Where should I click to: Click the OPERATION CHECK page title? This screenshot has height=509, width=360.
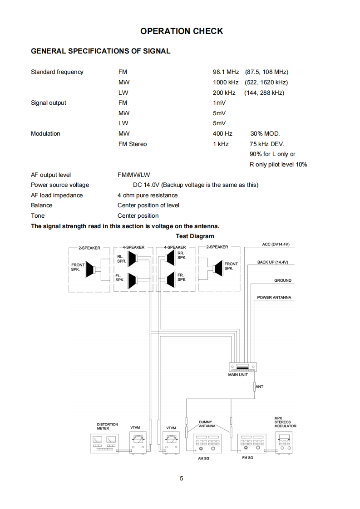182,31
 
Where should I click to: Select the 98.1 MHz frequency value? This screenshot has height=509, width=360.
226,72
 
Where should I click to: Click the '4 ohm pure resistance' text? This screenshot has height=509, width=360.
148,196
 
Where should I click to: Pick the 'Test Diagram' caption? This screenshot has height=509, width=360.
195,236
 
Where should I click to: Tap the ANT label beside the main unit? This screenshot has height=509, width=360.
260,387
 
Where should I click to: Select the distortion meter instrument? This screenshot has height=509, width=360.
104,443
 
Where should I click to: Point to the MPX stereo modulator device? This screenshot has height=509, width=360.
285,442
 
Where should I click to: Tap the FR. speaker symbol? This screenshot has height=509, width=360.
171,279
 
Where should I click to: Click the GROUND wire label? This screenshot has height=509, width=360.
282,281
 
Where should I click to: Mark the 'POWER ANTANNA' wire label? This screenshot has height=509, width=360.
274,298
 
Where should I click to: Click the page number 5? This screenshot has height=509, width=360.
182,478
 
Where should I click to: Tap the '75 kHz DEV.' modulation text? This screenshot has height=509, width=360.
267,144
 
